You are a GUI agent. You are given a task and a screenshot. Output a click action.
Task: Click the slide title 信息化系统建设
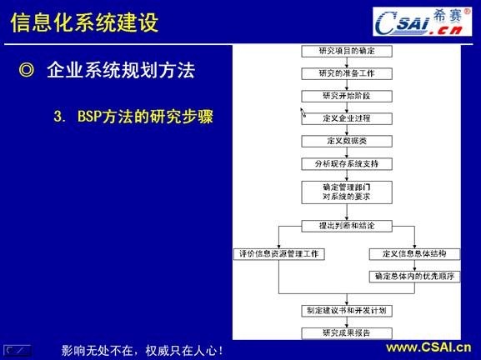84,22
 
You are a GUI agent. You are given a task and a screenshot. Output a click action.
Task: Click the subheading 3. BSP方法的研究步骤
133,117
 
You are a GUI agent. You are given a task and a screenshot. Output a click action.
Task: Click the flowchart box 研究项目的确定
343,51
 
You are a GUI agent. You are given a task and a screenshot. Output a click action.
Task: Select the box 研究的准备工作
343,73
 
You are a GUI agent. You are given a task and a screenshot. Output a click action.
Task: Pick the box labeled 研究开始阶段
343,96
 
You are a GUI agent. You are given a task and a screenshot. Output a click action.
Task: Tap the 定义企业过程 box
343,118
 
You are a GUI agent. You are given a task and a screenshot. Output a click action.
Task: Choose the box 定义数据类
343,141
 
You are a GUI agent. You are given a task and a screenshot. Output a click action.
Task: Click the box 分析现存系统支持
343,163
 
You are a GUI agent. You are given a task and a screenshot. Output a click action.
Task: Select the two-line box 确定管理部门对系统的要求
343,191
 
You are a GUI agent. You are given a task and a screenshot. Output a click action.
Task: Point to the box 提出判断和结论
343,226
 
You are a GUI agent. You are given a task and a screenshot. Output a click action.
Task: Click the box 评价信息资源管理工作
278,253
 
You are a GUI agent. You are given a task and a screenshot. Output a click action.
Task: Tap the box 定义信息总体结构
414,253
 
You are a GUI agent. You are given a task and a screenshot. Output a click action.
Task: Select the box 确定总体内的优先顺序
414,276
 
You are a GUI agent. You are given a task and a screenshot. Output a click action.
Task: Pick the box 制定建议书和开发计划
343,311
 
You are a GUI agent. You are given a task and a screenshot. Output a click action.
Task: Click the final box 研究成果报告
343,333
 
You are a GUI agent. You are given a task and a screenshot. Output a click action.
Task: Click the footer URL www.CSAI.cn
427,347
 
